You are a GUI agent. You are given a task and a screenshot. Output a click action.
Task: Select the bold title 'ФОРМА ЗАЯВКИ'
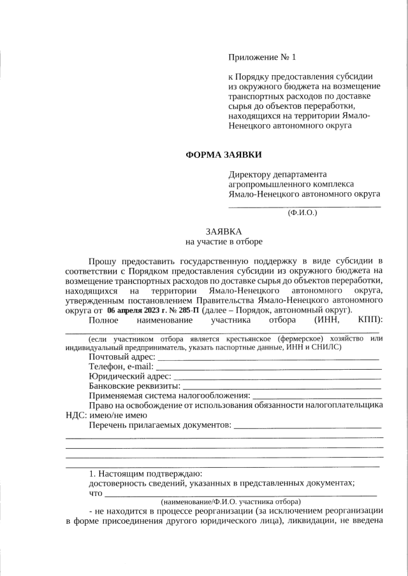(223, 155)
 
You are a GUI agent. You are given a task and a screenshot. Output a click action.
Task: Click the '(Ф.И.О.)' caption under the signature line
(302, 212)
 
